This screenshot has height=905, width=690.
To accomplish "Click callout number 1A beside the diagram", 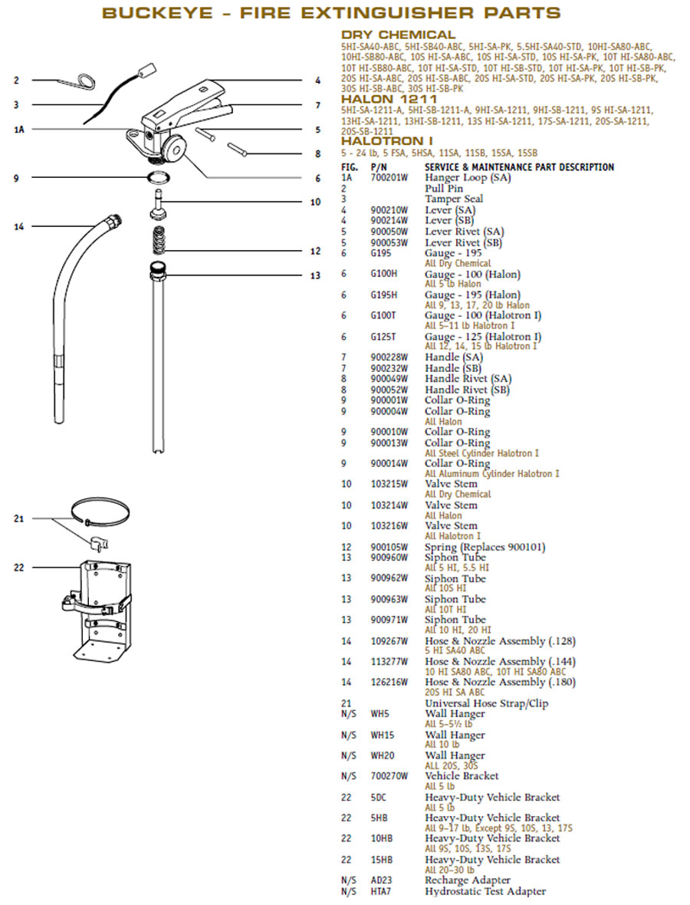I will [x=19, y=130].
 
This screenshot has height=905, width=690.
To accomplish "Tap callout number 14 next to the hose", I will [x=19, y=226].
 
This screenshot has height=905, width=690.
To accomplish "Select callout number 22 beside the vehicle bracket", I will [x=19, y=568].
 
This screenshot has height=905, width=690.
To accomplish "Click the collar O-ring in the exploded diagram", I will [x=159, y=179].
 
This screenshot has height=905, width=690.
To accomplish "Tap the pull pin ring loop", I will [x=82, y=79].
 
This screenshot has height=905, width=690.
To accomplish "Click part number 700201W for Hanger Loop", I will [x=389, y=178].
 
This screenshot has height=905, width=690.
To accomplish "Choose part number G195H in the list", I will [x=384, y=295].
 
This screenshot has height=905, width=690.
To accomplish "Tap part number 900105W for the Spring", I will [x=389, y=548].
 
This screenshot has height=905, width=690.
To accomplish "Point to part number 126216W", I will [x=389, y=682].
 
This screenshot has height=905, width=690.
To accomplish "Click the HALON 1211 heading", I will [x=389, y=99].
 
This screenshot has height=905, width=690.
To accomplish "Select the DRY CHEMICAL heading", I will [x=398, y=35].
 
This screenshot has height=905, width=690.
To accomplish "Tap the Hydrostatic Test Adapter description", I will [x=485, y=891].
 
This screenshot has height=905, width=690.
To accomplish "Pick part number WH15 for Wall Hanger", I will [x=382, y=735].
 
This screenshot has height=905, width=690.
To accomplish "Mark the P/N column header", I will [x=378, y=167].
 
